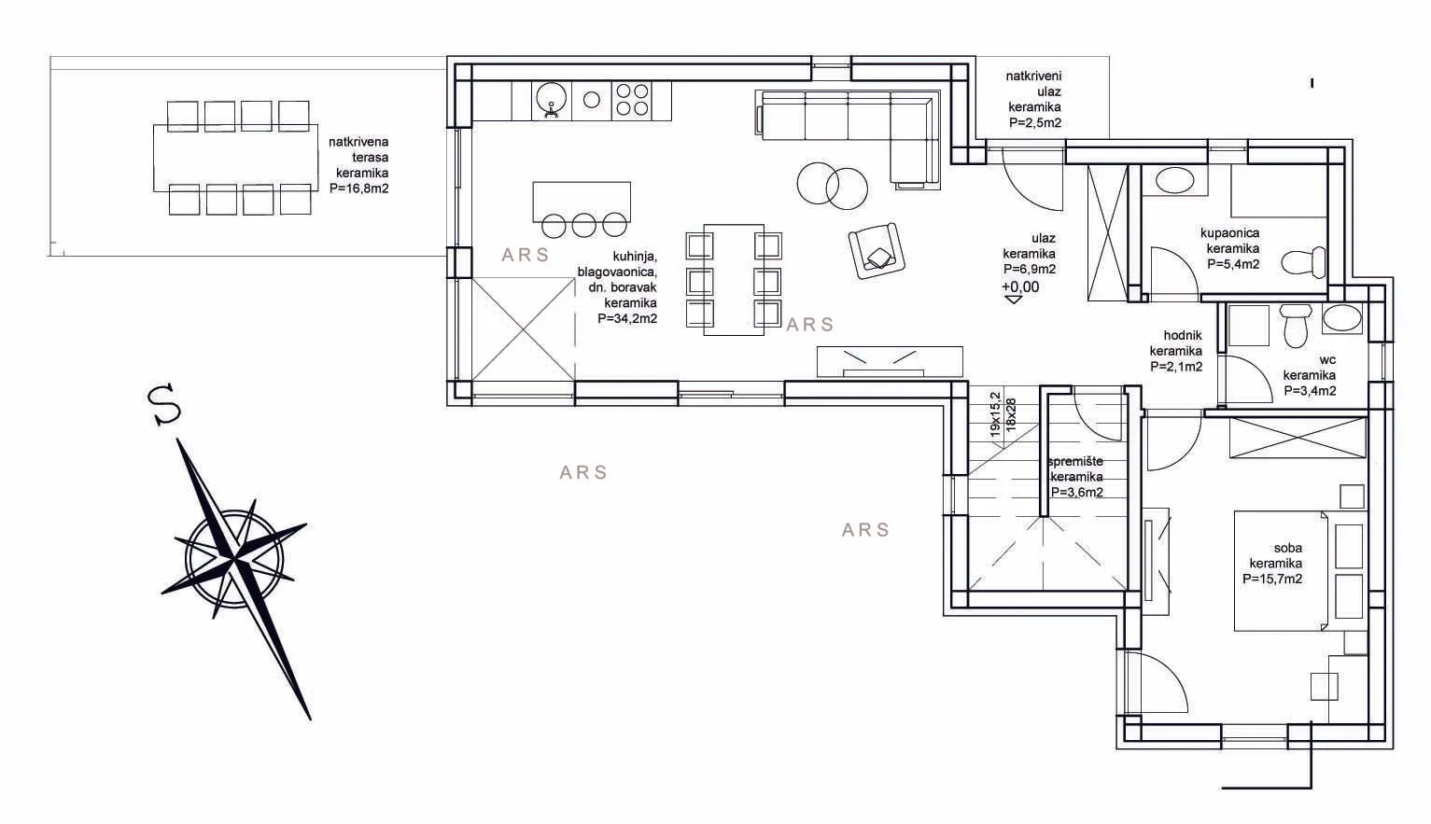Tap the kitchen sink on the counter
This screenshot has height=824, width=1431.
pos(551,100)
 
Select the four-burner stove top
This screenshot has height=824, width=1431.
pos(632,100)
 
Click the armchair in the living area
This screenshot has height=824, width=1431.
pos(877,250)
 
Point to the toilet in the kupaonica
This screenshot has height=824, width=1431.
pos(1303,262)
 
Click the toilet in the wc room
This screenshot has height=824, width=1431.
pos(1296,325)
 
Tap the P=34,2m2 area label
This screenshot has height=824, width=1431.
pos(627,318)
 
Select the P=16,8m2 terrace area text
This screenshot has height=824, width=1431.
pos(359,189)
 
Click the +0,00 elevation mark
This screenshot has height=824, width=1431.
pos(1020,286)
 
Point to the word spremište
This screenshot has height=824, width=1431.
pos(1076,461)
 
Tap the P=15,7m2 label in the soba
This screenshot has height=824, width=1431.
pos(1272,579)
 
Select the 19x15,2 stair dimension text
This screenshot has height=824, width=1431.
pos(995,414)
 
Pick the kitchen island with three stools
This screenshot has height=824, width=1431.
pos(582,208)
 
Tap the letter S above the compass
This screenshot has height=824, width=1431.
pos(163,404)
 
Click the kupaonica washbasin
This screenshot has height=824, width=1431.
pos(1174,181)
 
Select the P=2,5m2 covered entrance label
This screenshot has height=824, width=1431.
pos(1035,122)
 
